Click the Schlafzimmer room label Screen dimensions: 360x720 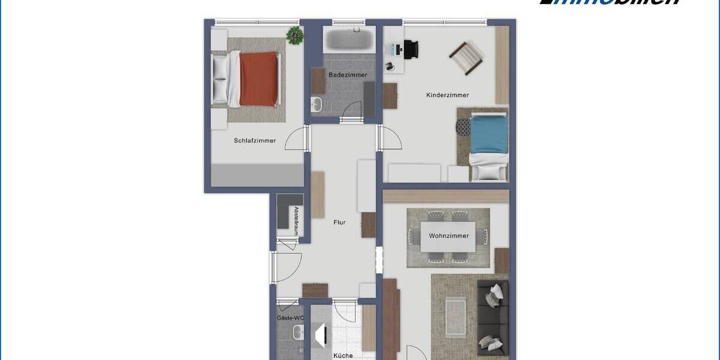click(255, 141)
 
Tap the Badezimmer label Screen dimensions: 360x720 click(347, 75)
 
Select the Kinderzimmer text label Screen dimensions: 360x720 click(447, 95)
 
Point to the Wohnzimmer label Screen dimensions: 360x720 click(449, 236)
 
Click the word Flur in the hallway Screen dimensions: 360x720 click(340, 223)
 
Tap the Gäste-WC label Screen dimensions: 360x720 click(290, 318)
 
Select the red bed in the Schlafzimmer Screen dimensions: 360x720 click(259, 79)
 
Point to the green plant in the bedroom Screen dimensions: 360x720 click(295, 35)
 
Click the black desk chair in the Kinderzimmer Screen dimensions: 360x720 click(411, 49)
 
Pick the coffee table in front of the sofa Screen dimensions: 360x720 click(455, 316)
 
